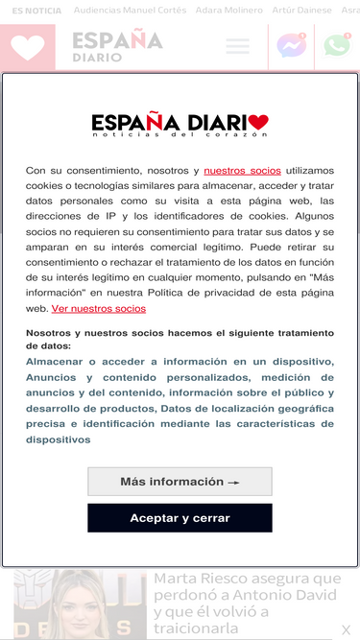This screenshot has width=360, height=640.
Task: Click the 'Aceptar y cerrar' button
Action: tap(180, 518)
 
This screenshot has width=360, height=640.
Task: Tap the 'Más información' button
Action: tap(180, 482)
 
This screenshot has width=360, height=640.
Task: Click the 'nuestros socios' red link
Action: tap(242, 170)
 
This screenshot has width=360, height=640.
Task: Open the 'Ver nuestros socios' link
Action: tap(99, 309)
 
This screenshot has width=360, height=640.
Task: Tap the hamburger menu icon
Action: tap(237, 46)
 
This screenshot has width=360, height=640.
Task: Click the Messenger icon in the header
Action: tap(290, 46)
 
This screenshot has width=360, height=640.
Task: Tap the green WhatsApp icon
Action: tap(337, 46)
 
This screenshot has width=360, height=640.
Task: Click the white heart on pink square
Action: tap(28, 47)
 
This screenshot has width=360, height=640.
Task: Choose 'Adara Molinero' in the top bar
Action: tap(228, 10)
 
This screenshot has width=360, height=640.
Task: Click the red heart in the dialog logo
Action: tap(257, 123)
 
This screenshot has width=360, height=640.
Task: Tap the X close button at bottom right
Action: tap(347, 630)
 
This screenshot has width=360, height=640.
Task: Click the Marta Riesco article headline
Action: tap(248, 603)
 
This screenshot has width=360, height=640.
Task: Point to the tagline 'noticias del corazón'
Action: tap(180, 135)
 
